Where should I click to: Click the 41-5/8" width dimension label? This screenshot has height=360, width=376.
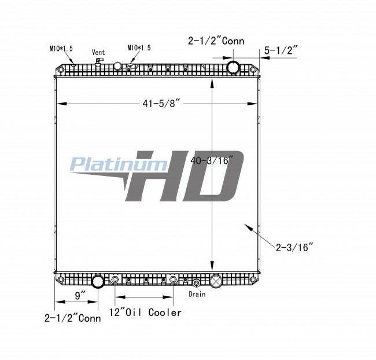tap(161, 104)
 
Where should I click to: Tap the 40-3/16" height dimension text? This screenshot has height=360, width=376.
tap(212, 160)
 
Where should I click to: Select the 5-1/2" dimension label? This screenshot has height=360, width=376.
tap(281, 50)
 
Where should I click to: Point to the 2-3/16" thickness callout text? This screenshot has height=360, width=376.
tap(294, 247)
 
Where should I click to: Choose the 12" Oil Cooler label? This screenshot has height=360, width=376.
tap(145, 312)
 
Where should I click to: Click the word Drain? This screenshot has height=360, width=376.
tap(197, 294)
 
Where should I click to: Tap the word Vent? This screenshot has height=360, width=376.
tap(98, 52)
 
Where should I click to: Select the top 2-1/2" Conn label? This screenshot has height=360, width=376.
tap(216, 41)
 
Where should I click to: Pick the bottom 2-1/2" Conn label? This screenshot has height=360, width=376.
tap(73, 318)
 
